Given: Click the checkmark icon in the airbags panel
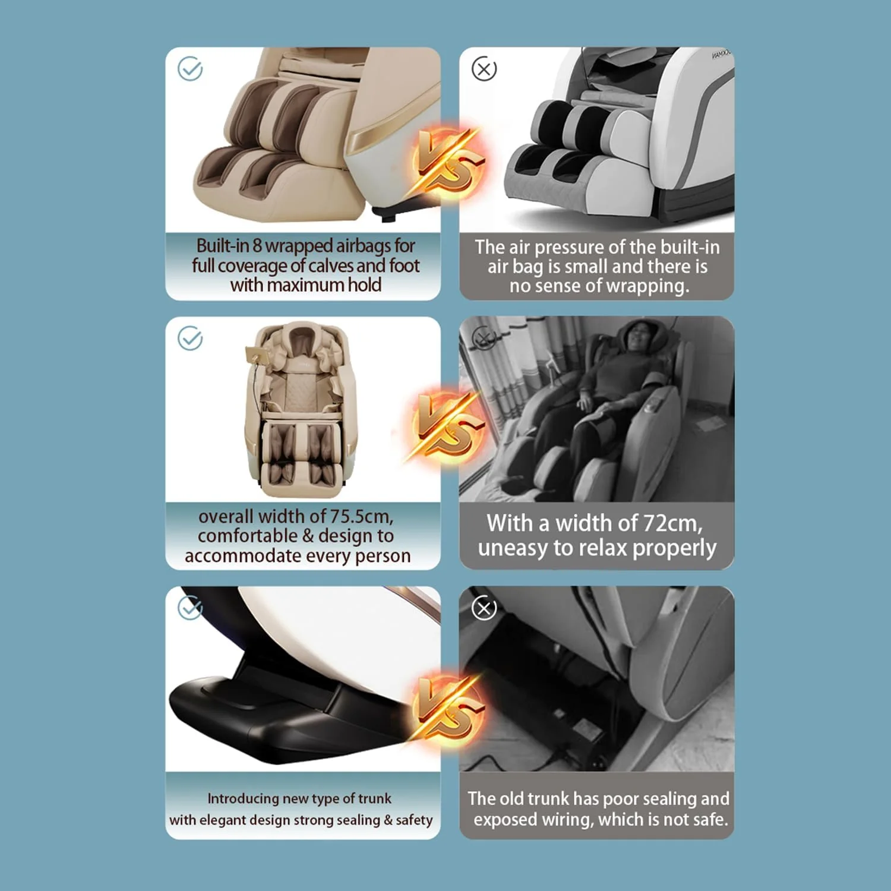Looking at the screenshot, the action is (190, 69).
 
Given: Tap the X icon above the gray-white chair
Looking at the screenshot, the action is (484, 69).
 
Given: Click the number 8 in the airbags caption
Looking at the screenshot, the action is (257, 245).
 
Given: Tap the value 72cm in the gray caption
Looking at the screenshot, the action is (672, 523).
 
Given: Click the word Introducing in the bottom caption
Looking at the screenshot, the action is (243, 799).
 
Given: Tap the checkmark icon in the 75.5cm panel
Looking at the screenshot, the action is (190, 339).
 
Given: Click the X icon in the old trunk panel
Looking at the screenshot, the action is (484, 608).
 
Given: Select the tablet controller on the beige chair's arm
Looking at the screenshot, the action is (257, 356).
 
